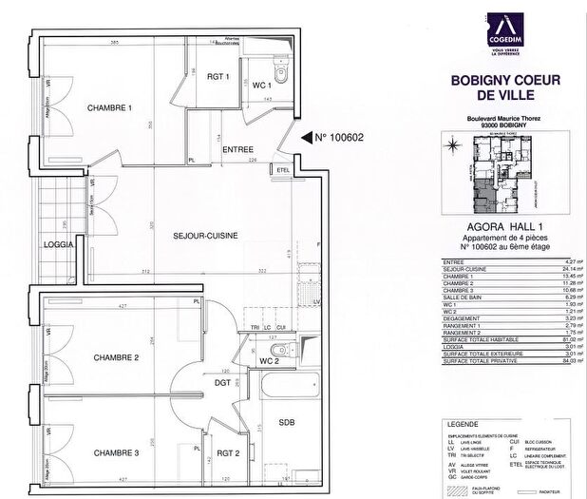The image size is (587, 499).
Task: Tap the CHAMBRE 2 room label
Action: pos(117,357)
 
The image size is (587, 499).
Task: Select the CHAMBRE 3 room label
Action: pos(117,453)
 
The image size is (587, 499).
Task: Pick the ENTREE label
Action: pos(237,150)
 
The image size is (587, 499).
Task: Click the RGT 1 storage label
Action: pos(219,77)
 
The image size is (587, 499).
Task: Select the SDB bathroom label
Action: pos(286,421)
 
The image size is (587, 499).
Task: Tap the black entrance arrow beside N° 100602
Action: pos(306,137)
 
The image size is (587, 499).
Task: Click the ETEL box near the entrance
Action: pos(282,170)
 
